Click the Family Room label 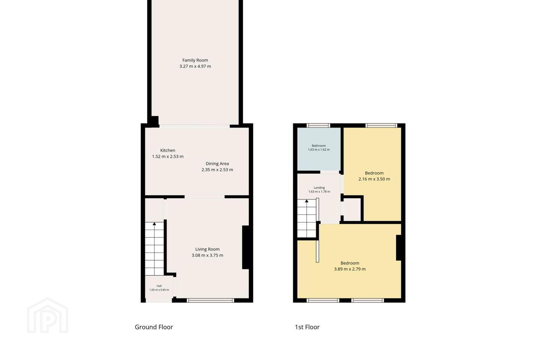click(195, 60)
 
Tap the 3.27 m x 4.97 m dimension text click(195, 66)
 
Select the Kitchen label click(168, 150)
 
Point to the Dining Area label click(217, 163)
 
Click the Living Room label click(207, 249)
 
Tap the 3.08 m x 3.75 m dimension click(207, 255)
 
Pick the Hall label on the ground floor click(159, 286)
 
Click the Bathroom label click(319, 145)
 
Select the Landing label click(319, 187)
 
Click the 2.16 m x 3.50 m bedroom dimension click(374, 179)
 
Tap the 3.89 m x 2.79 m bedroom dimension click(350, 269)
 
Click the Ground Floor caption click(154, 327)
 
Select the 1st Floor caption click(307, 327)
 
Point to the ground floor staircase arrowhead click(154, 224)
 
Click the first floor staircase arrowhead click(307, 201)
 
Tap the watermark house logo click(48, 315)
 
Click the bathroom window click(318, 125)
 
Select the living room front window click(210, 300)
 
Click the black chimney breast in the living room click(246, 247)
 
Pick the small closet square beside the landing click(352, 209)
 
